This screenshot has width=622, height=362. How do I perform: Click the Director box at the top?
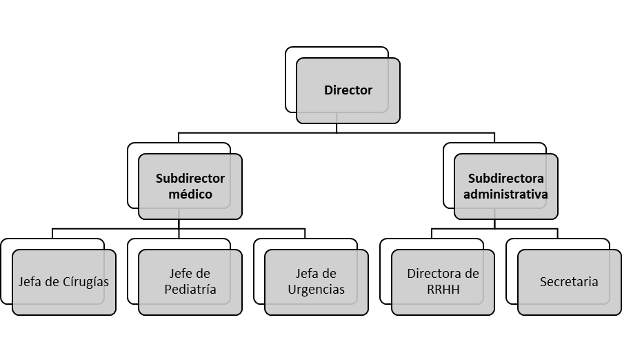click(x=348, y=90)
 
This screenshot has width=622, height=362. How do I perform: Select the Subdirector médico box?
click(x=190, y=186)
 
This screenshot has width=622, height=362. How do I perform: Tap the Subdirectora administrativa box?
click(x=506, y=186)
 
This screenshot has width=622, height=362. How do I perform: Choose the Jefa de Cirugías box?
click(x=64, y=282)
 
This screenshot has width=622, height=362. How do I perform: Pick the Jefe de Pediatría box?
click(x=190, y=282)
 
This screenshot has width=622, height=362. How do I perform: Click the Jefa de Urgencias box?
click(x=317, y=282)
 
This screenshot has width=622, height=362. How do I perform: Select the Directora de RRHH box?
click(x=443, y=282)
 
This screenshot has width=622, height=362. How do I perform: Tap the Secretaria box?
click(x=569, y=282)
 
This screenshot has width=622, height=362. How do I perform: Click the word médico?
click(x=190, y=194)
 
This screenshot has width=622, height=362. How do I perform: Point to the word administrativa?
click(x=505, y=194)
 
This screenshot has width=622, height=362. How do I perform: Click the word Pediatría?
click(x=190, y=290)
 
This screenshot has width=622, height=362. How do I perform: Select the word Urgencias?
click(x=316, y=290)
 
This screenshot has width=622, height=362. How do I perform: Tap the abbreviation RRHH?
click(x=443, y=290)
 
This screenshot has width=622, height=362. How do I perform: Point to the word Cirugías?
click(x=86, y=282)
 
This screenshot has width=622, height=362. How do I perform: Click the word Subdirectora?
click(x=505, y=179)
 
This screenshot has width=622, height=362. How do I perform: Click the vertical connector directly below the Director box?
click(x=337, y=128)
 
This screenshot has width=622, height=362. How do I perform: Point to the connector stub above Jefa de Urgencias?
click(x=305, y=234)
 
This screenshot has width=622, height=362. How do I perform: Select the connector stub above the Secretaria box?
click(x=557, y=234)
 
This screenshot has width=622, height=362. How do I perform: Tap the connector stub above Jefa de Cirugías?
click(x=52, y=234)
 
